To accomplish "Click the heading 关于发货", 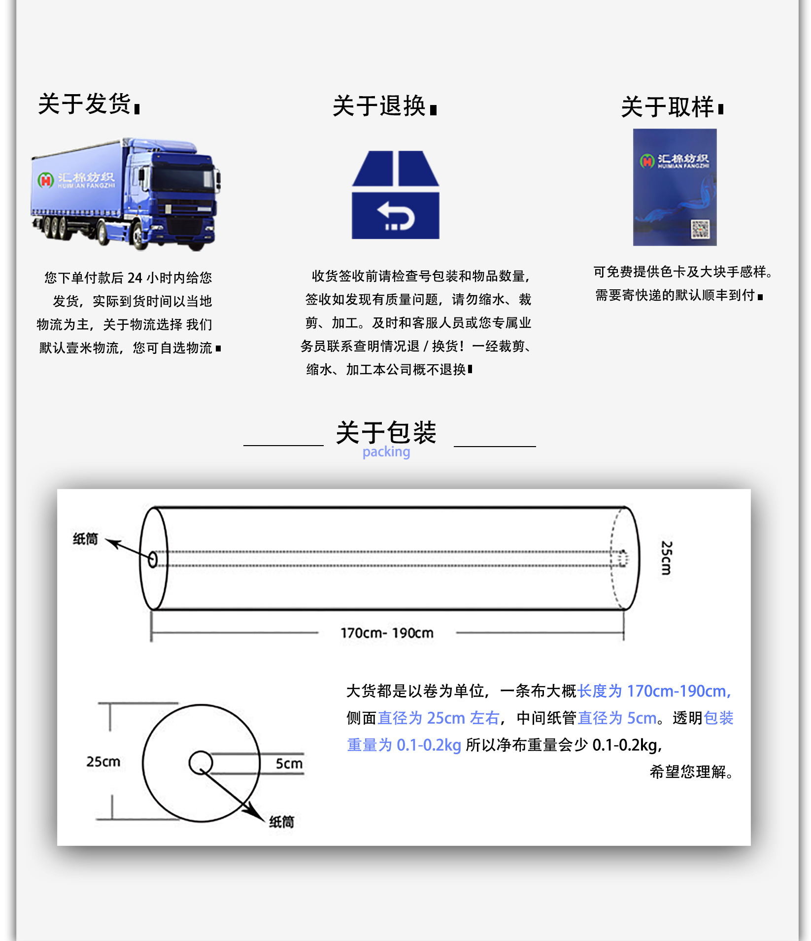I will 85,105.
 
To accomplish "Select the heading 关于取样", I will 667,107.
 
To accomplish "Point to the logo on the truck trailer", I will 76,180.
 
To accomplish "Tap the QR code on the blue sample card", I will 700,229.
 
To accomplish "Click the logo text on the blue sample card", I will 682,160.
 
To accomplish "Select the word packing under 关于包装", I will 386,452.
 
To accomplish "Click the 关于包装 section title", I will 386,432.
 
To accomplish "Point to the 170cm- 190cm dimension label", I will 387,633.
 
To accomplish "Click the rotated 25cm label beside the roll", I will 666,558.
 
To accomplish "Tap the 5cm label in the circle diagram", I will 289,764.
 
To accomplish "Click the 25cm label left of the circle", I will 103,762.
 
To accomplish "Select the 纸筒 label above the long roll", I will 85,539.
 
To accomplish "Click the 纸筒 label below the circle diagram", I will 281,822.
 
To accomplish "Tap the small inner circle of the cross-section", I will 201,763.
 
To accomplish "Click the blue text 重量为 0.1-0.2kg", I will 404,745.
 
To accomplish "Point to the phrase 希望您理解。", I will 691,771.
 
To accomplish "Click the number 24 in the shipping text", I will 135,278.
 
